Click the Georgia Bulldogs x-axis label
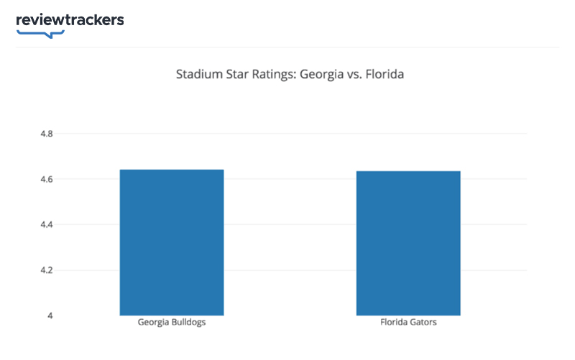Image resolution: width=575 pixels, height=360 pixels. point(172,323)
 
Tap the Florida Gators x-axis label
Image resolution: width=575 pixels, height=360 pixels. point(408,323)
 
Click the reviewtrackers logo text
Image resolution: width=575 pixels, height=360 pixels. point(70,20)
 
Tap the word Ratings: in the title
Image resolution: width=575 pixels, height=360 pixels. point(272,74)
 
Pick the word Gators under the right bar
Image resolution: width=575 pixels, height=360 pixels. point(423,323)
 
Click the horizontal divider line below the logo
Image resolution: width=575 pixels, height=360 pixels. point(287,47)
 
